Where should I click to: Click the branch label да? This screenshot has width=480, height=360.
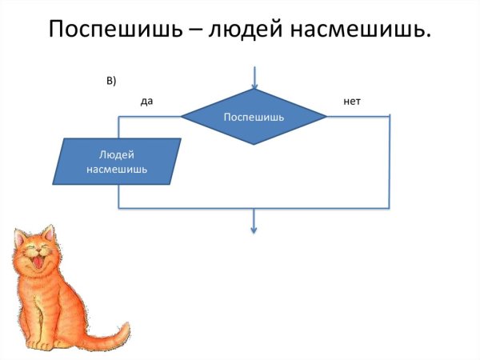coord(146,102)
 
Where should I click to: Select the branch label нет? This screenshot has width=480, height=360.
coord(352,102)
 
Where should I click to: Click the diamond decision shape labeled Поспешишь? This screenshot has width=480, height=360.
coord(254,117)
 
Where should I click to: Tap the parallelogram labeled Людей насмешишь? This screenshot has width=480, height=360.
coord(117,162)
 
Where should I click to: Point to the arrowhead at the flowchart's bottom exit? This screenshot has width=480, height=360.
coord(254,230)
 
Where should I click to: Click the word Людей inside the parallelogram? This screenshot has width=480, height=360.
coord(117,154)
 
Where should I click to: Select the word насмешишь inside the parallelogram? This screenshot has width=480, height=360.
coord(117,170)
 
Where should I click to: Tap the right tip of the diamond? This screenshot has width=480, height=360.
coord(326,117)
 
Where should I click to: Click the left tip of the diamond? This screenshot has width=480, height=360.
coord(182,117)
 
